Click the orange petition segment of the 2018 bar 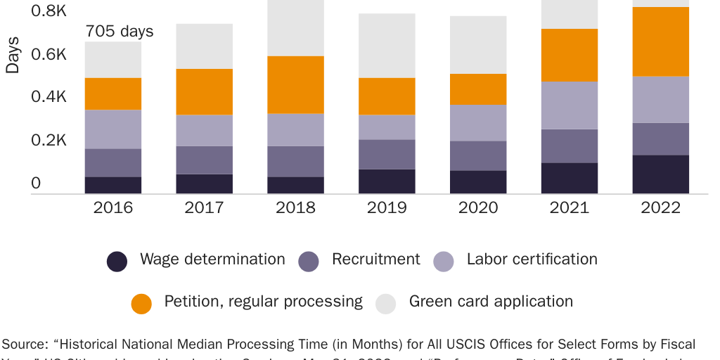click(x=295, y=84)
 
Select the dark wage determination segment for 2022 click(x=660, y=174)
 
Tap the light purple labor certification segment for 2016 click(x=112, y=129)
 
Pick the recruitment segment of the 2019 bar click(x=387, y=154)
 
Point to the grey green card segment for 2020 click(x=478, y=45)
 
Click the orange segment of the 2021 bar click(x=570, y=56)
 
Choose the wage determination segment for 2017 click(x=204, y=184)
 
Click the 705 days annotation click(x=120, y=32)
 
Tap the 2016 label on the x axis click(x=112, y=208)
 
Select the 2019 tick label click(x=387, y=208)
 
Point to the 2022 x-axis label click(x=660, y=208)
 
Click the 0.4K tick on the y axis click(x=49, y=97)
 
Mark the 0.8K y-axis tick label click(x=49, y=11)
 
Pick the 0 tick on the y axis click(x=36, y=184)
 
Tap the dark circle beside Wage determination click(x=117, y=262)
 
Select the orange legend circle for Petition click(x=141, y=304)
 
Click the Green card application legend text click(x=491, y=302)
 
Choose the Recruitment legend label click(x=376, y=259)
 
